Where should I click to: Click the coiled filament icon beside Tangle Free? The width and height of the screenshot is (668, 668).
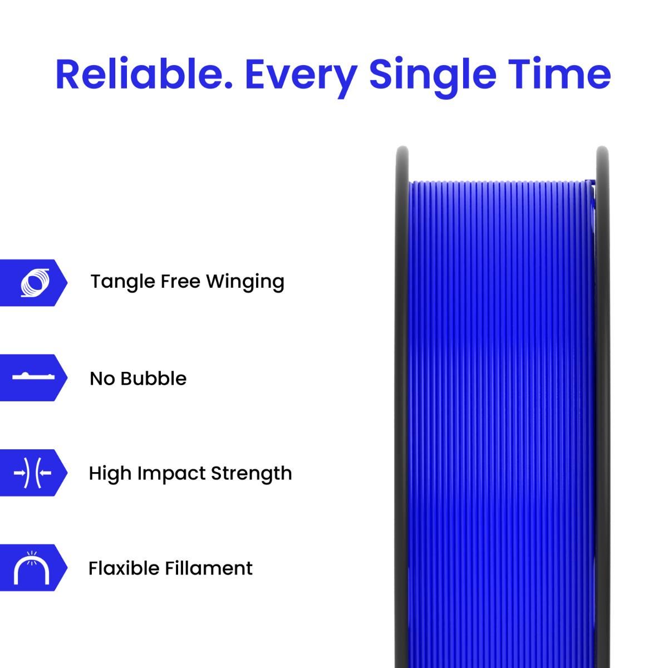(35, 282)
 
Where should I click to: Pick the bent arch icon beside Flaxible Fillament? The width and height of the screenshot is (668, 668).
(31, 567)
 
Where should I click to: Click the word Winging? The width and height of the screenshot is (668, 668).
(245, 282)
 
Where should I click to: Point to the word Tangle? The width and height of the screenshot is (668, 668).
(122, 282)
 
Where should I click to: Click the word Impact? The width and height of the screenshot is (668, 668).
(172, 473)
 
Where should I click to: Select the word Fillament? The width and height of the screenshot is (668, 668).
(208, 568)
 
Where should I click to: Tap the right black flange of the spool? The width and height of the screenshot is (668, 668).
(602, 390)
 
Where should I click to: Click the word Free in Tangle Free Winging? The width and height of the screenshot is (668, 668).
(180, 282)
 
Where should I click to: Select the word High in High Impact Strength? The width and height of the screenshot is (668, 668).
(110, 473)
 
